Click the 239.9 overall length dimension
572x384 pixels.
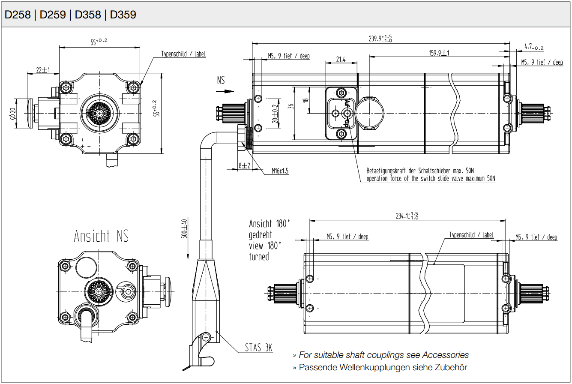click(x=380, y=39)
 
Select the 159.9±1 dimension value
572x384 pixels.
click(x=439, y=53)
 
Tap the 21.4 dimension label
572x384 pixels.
click(x=341, y=60)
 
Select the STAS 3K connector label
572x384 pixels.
click(x=258, y=348)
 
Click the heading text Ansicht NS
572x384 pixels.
click(x=101, y=236)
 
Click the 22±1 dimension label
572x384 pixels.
click(x=43, y=70)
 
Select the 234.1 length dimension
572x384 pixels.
click(x=407, y=216)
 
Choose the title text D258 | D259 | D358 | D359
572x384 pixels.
click(x=70, y=15)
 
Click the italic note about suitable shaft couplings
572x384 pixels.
click(x=384, y=355)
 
